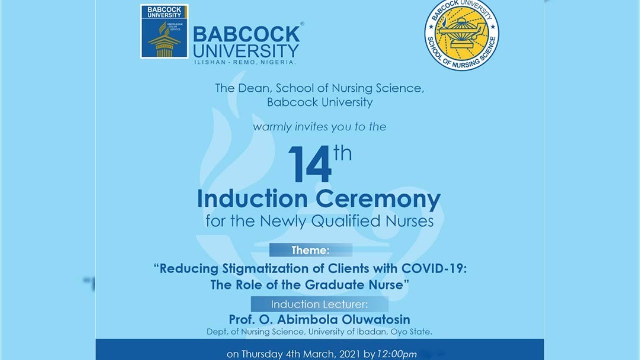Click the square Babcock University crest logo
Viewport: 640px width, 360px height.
(164, 31)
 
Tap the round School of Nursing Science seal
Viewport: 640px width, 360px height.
(461, 34)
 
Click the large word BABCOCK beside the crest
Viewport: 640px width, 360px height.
(246, 34)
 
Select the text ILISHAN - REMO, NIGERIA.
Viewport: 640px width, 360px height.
(245, 62)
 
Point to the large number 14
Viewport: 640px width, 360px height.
(310, 165)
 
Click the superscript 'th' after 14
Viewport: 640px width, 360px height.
(343, 153)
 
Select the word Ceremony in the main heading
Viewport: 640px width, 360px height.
(378, 199)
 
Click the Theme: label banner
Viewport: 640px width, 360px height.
(310, 250)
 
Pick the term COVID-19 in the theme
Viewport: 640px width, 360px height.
(433, 268)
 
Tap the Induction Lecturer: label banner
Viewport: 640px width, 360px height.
(319, 304)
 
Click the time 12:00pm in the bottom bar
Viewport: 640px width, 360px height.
(397, 354)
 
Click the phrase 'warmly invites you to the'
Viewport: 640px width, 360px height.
(319, 127)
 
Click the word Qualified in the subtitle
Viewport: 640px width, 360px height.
(345, 221)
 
